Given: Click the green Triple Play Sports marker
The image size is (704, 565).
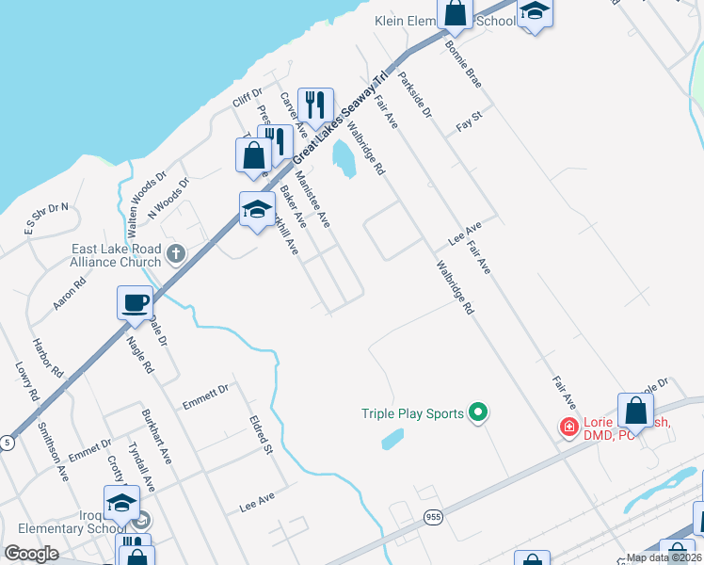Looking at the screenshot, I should coord(478,412).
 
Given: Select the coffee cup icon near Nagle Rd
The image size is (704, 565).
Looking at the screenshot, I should coord(135,304).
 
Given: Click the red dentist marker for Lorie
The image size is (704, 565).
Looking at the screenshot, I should coord(568,428).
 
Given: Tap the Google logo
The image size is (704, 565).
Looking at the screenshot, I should coord(32,553).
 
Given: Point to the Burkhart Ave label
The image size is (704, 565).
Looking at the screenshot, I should coord(156,436).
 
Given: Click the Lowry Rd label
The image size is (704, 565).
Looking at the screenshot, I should coord(24,380).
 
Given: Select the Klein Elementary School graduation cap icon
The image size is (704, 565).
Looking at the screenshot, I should coord(535,13).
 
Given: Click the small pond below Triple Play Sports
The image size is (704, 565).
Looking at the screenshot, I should coord(392,438).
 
